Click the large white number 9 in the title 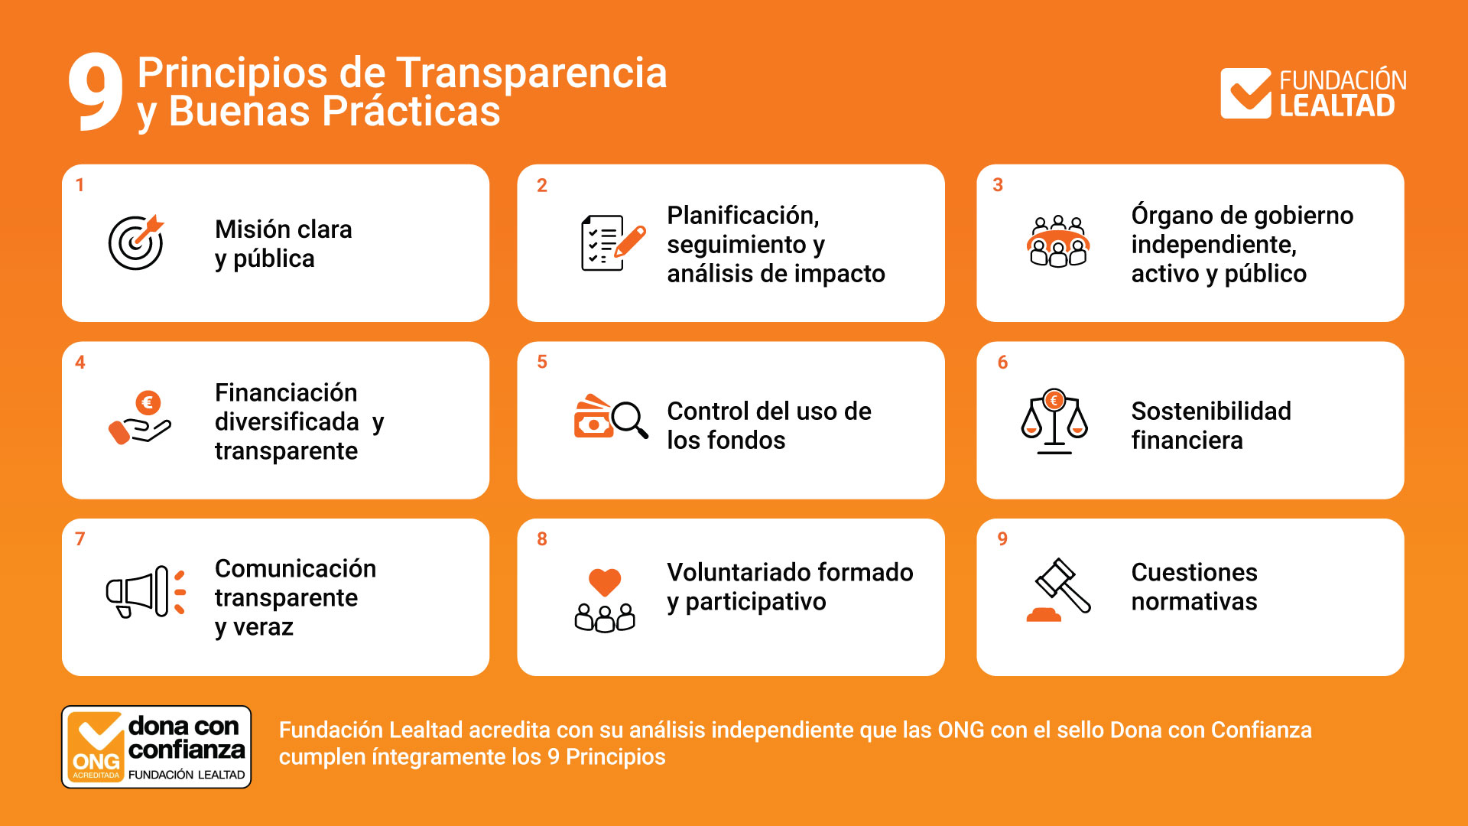(x=96, y=91)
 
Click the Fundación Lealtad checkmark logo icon (x=1246, y=93)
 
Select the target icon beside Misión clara (x=136, y=242)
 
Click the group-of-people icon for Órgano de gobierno (x=1057, y=241)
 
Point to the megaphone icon (x=145, y=592)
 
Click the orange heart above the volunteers (x=605, y=582)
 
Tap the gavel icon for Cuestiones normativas (x=1059, y=590)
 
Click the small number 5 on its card (x=542, y=362)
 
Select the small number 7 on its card (x=80, y=539)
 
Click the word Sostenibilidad (x=1211, y=411)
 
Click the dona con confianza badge (x=156, y=746)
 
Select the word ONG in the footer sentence (x=961, y=730)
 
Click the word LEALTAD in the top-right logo (x=1338, y=106)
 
